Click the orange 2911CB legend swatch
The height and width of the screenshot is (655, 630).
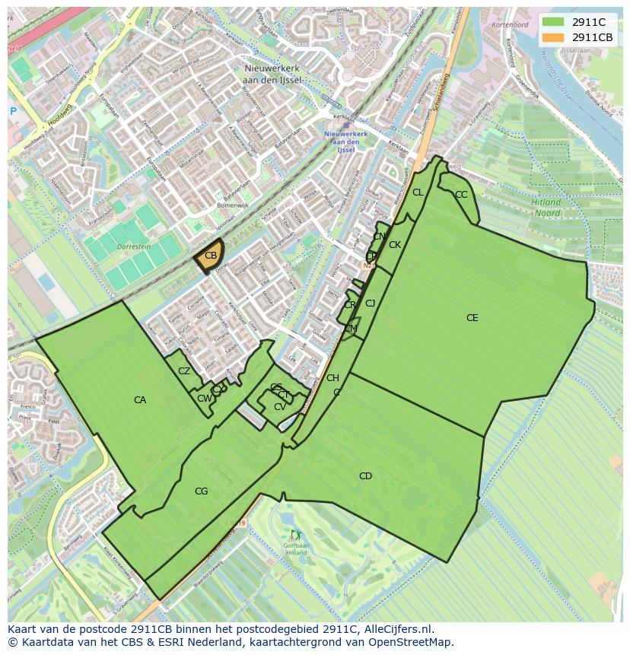pyautogui.click(x=553, y=37)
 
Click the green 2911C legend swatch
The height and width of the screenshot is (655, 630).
pyautogui.click(x=553, y=22)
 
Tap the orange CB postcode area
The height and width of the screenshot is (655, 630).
pyautogui.click(x=209, y=257)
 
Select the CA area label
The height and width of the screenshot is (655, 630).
pyautogui.click(x=140, y=400)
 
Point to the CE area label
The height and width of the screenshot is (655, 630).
pyautogui.click(x=473, y=318)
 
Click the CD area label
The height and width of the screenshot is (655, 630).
pyautogui.click(x=365, y=476)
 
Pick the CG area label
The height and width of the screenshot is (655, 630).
pyautogui.click(x=201, y=491)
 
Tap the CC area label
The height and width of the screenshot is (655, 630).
pyautogui.click(x=461, y=195)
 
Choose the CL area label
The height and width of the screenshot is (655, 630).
pyautogui.click(x=418, y=192)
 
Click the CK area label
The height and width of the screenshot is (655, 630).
pyautogui.click(x=395, y=245)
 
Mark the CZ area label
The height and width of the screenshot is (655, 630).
pyautogui.click(x=184, y=371)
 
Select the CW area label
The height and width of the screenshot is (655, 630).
pyautogui.click(x=203, y=399)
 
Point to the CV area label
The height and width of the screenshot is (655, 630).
pyautogui.click(x=279, y=407)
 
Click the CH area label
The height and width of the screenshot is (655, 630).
pyautogui.click(x=332, y=378)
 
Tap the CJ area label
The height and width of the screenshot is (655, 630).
pyautogui.click(x=371, y=304)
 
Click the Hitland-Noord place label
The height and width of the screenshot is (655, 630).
pyautogui.click(x=546, y=208)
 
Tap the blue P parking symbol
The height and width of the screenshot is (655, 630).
pyautogui.click(x=13, y=111)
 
